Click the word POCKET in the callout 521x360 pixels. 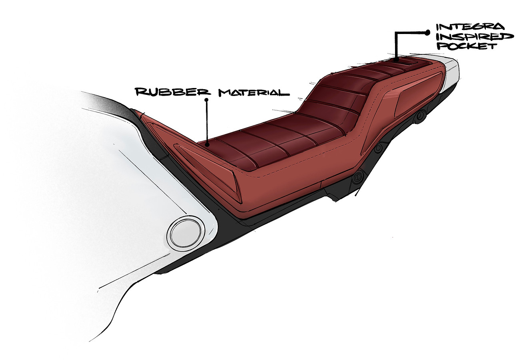click(466, 46)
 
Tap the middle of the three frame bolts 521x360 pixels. click(378, 148)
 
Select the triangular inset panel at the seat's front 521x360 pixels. click(208, 170)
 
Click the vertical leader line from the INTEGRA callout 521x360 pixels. click(396, 46)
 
